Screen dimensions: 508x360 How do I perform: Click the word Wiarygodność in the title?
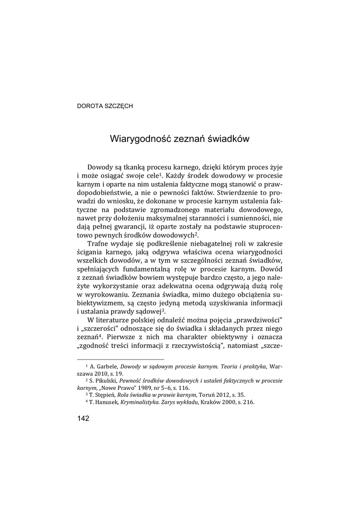coord(140,139)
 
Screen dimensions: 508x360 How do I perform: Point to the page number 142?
coord(83,419)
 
